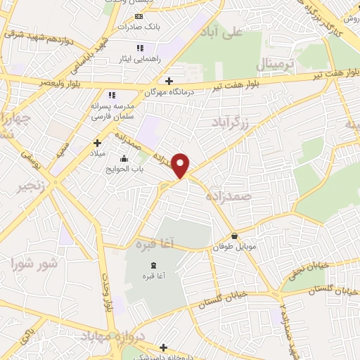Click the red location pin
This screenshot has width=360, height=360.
pos(181,165)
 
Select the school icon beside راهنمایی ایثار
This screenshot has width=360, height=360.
pos(139,49)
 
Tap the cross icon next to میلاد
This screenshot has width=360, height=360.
pos(97,143)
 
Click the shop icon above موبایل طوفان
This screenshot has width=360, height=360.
pos(234,236)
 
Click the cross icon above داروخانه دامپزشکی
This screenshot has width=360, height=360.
pos(164,347)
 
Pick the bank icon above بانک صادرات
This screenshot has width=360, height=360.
pos(139,16)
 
